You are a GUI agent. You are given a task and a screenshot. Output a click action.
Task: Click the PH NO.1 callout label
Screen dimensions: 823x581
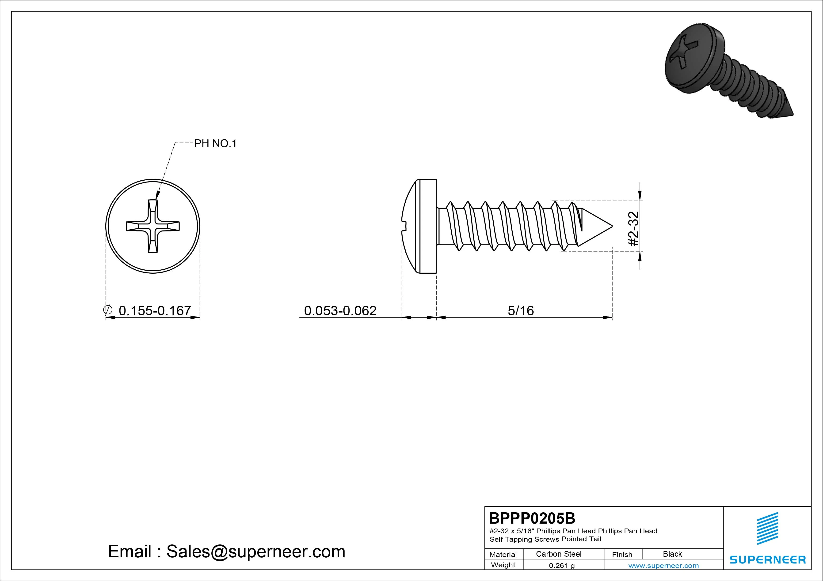(x=215, y=144)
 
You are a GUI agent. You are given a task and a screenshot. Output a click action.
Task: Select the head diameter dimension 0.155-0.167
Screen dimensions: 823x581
(x=155, y=310)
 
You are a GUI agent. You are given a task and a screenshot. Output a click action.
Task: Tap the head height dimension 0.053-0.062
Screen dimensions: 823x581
(x=340, y=310)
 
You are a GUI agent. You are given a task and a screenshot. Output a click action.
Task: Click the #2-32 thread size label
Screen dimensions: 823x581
(x=634, y=228)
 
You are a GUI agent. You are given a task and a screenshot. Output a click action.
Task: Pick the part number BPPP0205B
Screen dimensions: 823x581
(x=532, y=518)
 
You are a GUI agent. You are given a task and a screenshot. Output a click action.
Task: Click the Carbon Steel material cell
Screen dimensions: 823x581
(x=558, y=554)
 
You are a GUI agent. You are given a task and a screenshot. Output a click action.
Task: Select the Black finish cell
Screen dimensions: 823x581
(x=672, y=554)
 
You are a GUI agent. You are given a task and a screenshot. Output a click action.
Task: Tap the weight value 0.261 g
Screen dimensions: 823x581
(x=562, y=566)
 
